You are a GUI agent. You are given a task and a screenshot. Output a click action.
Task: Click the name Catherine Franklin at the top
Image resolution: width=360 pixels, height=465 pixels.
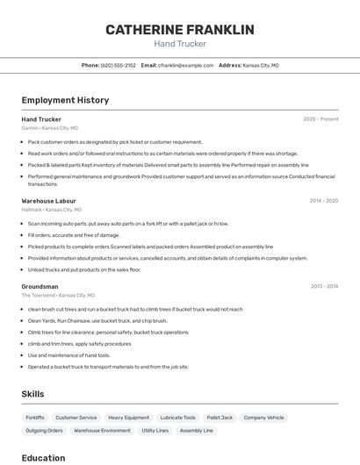[180, 30]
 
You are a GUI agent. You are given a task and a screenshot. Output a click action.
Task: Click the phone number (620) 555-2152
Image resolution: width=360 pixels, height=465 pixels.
[119, 65]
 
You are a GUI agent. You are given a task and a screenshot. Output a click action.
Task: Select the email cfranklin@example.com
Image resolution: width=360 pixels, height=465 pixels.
[186, 65]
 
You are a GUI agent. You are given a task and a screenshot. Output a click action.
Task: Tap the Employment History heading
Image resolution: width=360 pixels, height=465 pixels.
[65, 100]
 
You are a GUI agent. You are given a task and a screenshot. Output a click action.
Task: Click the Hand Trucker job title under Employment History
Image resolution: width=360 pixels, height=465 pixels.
[41, 119]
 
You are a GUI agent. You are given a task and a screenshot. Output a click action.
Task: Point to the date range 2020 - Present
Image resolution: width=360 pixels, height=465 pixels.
[320, 119]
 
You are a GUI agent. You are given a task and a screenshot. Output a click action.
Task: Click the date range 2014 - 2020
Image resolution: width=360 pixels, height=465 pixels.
[323, 201]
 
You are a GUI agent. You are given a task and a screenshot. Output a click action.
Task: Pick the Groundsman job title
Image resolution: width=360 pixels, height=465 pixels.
[40, 287]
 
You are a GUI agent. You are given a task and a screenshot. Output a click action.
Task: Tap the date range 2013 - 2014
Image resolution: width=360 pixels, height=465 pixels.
[324, 287]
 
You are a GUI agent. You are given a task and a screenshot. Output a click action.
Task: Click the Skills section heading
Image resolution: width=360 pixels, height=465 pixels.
[32, 394]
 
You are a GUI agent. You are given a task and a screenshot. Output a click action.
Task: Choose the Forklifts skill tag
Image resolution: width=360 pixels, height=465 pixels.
[35, 418]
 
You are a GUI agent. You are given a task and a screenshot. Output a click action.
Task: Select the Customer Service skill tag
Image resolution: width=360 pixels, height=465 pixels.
[76, 418]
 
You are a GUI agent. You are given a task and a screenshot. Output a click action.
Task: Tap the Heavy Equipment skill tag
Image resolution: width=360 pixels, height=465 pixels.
[128, 418]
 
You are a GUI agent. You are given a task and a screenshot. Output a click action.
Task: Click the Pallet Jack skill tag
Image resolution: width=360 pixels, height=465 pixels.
[220, 418]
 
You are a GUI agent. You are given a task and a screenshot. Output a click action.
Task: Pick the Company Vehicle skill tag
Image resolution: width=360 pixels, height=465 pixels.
[263, 418]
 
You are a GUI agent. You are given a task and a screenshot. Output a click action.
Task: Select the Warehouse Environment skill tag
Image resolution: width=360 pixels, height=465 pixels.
[102, 431]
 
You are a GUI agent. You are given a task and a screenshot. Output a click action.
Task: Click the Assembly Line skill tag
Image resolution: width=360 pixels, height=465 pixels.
[197, 431]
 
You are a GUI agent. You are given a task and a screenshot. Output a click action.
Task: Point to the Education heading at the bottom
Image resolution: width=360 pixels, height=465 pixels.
[43, 458]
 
